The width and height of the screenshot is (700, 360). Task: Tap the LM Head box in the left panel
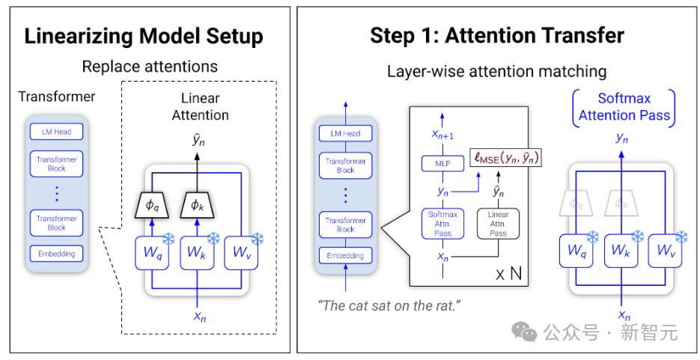[x=57, y=132]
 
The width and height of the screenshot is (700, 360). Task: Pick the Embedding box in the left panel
[x=57, y=254]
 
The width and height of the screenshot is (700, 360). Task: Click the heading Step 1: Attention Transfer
[x=497, y=36]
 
